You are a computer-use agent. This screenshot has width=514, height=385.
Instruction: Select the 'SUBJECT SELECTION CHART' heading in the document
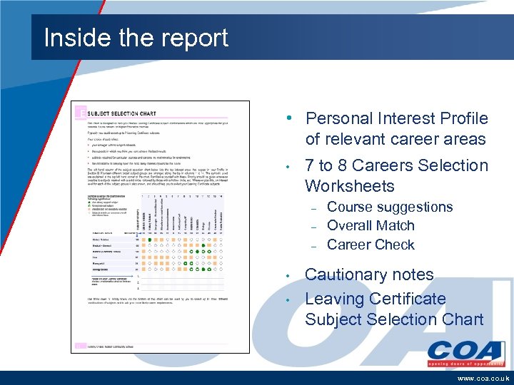point(123,113)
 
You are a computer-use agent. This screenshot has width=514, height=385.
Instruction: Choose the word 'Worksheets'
point(349,186)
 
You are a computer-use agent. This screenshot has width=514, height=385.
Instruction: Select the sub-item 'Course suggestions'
point(390,207)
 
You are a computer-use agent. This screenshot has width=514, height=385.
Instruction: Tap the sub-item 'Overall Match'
point(371,225)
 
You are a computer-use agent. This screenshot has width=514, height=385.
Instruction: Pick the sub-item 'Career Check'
point(371,245)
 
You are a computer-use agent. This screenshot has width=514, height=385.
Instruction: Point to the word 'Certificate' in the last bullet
point(403,299)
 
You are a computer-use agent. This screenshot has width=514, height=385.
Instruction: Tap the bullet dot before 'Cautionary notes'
point(286,275)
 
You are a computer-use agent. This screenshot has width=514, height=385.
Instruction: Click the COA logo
point(465,351)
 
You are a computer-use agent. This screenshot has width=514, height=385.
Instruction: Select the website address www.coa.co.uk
point(483,378)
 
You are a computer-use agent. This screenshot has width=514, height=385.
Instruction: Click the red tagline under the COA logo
point(465,363)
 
